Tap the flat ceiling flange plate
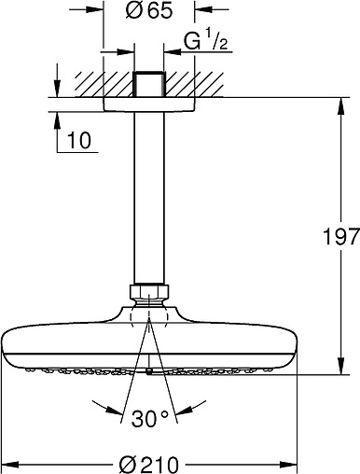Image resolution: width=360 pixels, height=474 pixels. (x=149, y=103)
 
